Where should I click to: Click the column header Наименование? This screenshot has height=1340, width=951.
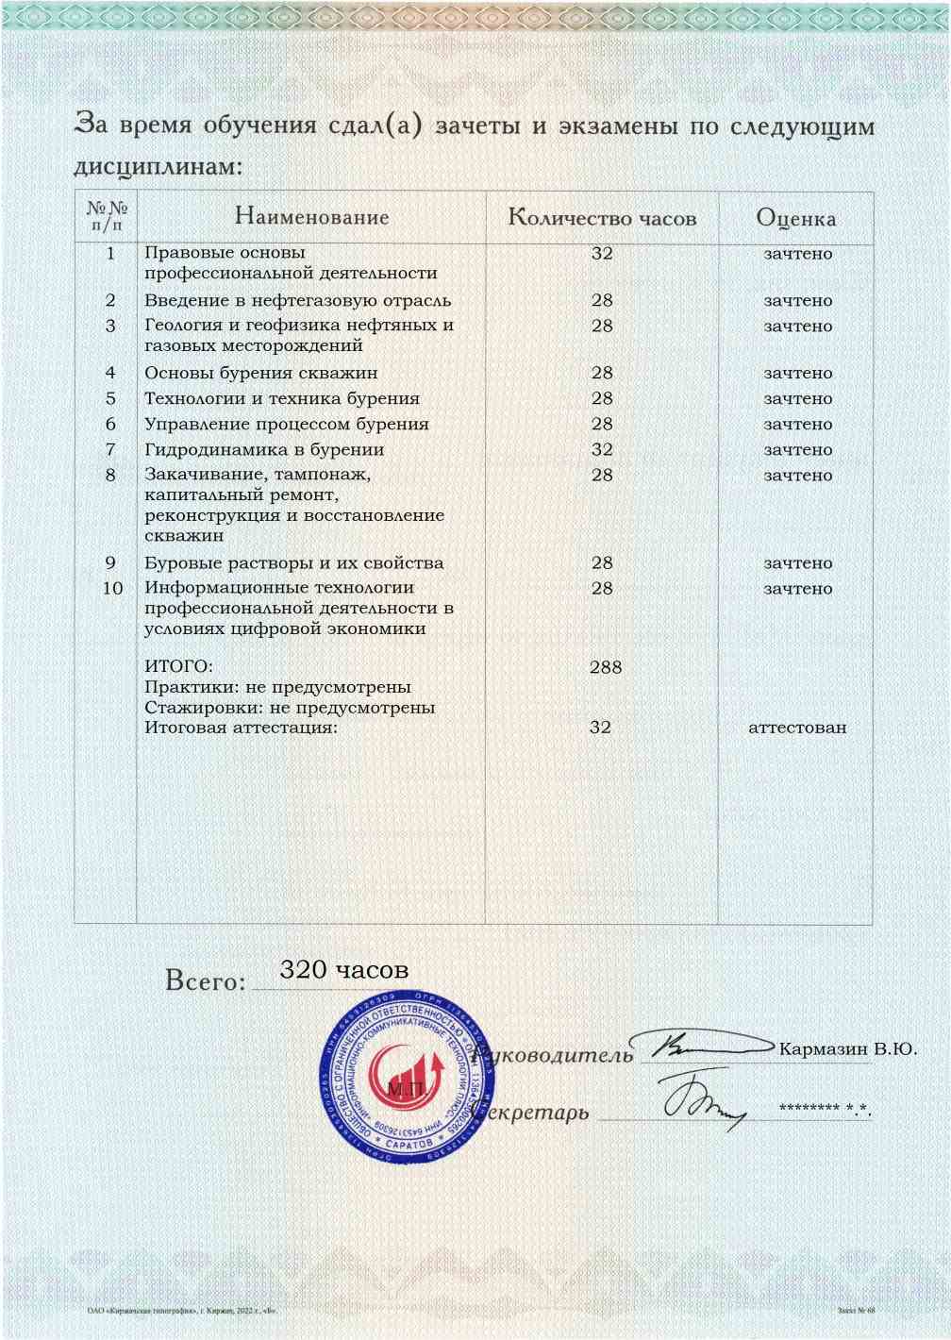tap(311, 217)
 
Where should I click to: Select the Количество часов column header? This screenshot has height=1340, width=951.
tap(602, 218)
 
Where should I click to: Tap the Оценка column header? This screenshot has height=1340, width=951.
tap(795, 218)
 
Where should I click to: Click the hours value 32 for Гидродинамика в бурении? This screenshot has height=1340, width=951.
tap(602, 449)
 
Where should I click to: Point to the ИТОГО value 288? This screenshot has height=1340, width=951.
tap(606, 667)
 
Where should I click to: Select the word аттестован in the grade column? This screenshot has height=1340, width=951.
tap(797, 728)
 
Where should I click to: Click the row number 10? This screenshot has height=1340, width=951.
tap(112, 588)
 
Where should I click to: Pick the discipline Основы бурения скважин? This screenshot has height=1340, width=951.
tap(260, 373)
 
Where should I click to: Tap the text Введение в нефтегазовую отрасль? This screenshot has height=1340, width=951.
tap(297, 300)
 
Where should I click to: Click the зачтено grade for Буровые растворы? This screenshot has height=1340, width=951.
tap(798, 562)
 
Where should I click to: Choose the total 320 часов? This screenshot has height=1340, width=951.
tap(345, 969)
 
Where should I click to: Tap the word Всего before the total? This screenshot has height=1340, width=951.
tap(205, 980)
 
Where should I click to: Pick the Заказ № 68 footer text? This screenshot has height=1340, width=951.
tap(856, 1311)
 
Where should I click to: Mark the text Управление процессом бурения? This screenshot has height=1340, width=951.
tap(286, 424)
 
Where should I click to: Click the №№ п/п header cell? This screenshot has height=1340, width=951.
tap(107, 216)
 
